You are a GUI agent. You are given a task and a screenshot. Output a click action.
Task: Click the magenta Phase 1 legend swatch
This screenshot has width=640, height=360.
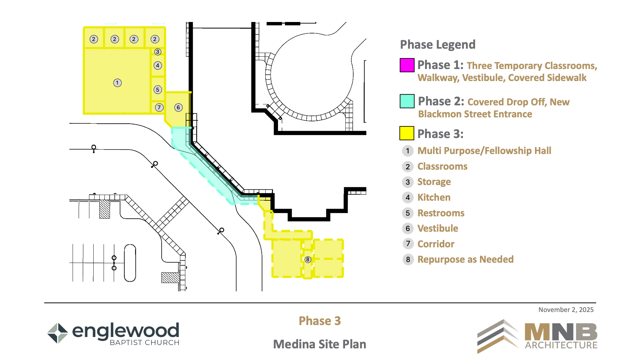coord(407,65)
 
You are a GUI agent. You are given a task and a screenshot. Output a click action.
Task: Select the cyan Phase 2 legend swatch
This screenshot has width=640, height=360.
coord(407,101)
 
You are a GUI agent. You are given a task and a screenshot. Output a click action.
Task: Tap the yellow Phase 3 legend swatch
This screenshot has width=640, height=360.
coord(407,133)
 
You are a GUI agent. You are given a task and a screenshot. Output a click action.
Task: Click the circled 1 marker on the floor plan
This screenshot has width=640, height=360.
coord(117,83)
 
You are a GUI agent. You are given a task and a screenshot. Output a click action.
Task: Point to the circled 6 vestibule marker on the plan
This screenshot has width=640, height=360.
coord(178,107)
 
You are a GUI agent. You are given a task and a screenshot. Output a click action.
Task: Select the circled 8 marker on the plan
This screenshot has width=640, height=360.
coord(308,259)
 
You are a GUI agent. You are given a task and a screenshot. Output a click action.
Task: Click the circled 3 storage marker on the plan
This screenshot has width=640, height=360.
coord(158,52)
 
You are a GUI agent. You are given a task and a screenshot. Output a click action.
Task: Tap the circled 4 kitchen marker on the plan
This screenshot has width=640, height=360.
coord(158,65)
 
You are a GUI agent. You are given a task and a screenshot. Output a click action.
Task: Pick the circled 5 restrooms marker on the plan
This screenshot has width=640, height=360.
coord(158,90)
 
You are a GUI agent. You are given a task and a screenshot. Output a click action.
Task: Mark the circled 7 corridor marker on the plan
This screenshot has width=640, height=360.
coord(159,107)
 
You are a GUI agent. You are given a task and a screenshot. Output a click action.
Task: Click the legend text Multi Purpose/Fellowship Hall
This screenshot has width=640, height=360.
coord(484,151)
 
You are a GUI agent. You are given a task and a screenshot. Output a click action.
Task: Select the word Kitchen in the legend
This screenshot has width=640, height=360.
coord(434,197)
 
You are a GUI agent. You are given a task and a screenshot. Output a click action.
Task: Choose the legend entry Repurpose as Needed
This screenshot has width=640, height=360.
coord(466,259)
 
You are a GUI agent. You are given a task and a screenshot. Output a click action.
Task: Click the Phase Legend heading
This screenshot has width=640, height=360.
coord(438,45)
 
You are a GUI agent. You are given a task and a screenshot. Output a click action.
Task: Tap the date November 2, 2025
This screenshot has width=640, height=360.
coord(566,310)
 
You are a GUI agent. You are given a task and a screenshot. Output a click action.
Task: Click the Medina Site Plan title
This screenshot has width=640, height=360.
coord(320,344)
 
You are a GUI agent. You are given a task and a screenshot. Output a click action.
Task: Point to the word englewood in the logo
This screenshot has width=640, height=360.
coord(126,331)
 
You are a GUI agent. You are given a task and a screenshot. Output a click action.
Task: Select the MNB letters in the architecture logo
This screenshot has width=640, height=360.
coord(561,332)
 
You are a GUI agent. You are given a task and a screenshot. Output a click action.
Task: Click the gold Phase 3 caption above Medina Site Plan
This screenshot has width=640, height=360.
coord(320,321)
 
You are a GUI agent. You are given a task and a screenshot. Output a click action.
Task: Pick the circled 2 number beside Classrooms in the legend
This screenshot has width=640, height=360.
coord(408,167)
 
